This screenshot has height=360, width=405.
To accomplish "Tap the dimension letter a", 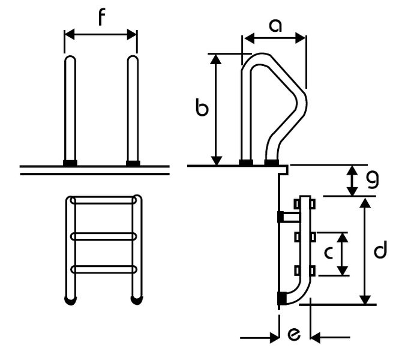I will [x=275, y=25].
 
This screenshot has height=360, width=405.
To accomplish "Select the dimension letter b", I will [x=203, y=109].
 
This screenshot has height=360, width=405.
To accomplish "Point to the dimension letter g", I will [x=373, y=178].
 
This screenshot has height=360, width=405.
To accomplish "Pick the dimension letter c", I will [x=328, y=253].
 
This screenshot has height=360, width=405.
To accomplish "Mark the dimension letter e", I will [x=294, y=335].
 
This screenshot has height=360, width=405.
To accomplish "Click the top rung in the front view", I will [x=103, y=200].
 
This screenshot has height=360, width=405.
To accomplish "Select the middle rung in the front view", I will [x=103, y=236].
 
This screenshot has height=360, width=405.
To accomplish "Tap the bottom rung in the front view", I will [x=103, y=269].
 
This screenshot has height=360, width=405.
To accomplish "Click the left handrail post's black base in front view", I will [x=70, y=163].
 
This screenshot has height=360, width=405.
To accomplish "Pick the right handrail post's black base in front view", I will [x=133, y=163].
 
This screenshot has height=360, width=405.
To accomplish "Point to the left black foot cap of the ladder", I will [x=71, y=300].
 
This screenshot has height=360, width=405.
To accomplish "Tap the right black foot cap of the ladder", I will [x=137, y=300].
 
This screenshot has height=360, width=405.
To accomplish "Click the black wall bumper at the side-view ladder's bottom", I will [x=281, y=298].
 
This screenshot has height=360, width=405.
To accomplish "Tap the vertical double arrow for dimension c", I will [x=342, y=254].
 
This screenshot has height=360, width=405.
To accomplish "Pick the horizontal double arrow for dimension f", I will [x=101, y=34].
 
